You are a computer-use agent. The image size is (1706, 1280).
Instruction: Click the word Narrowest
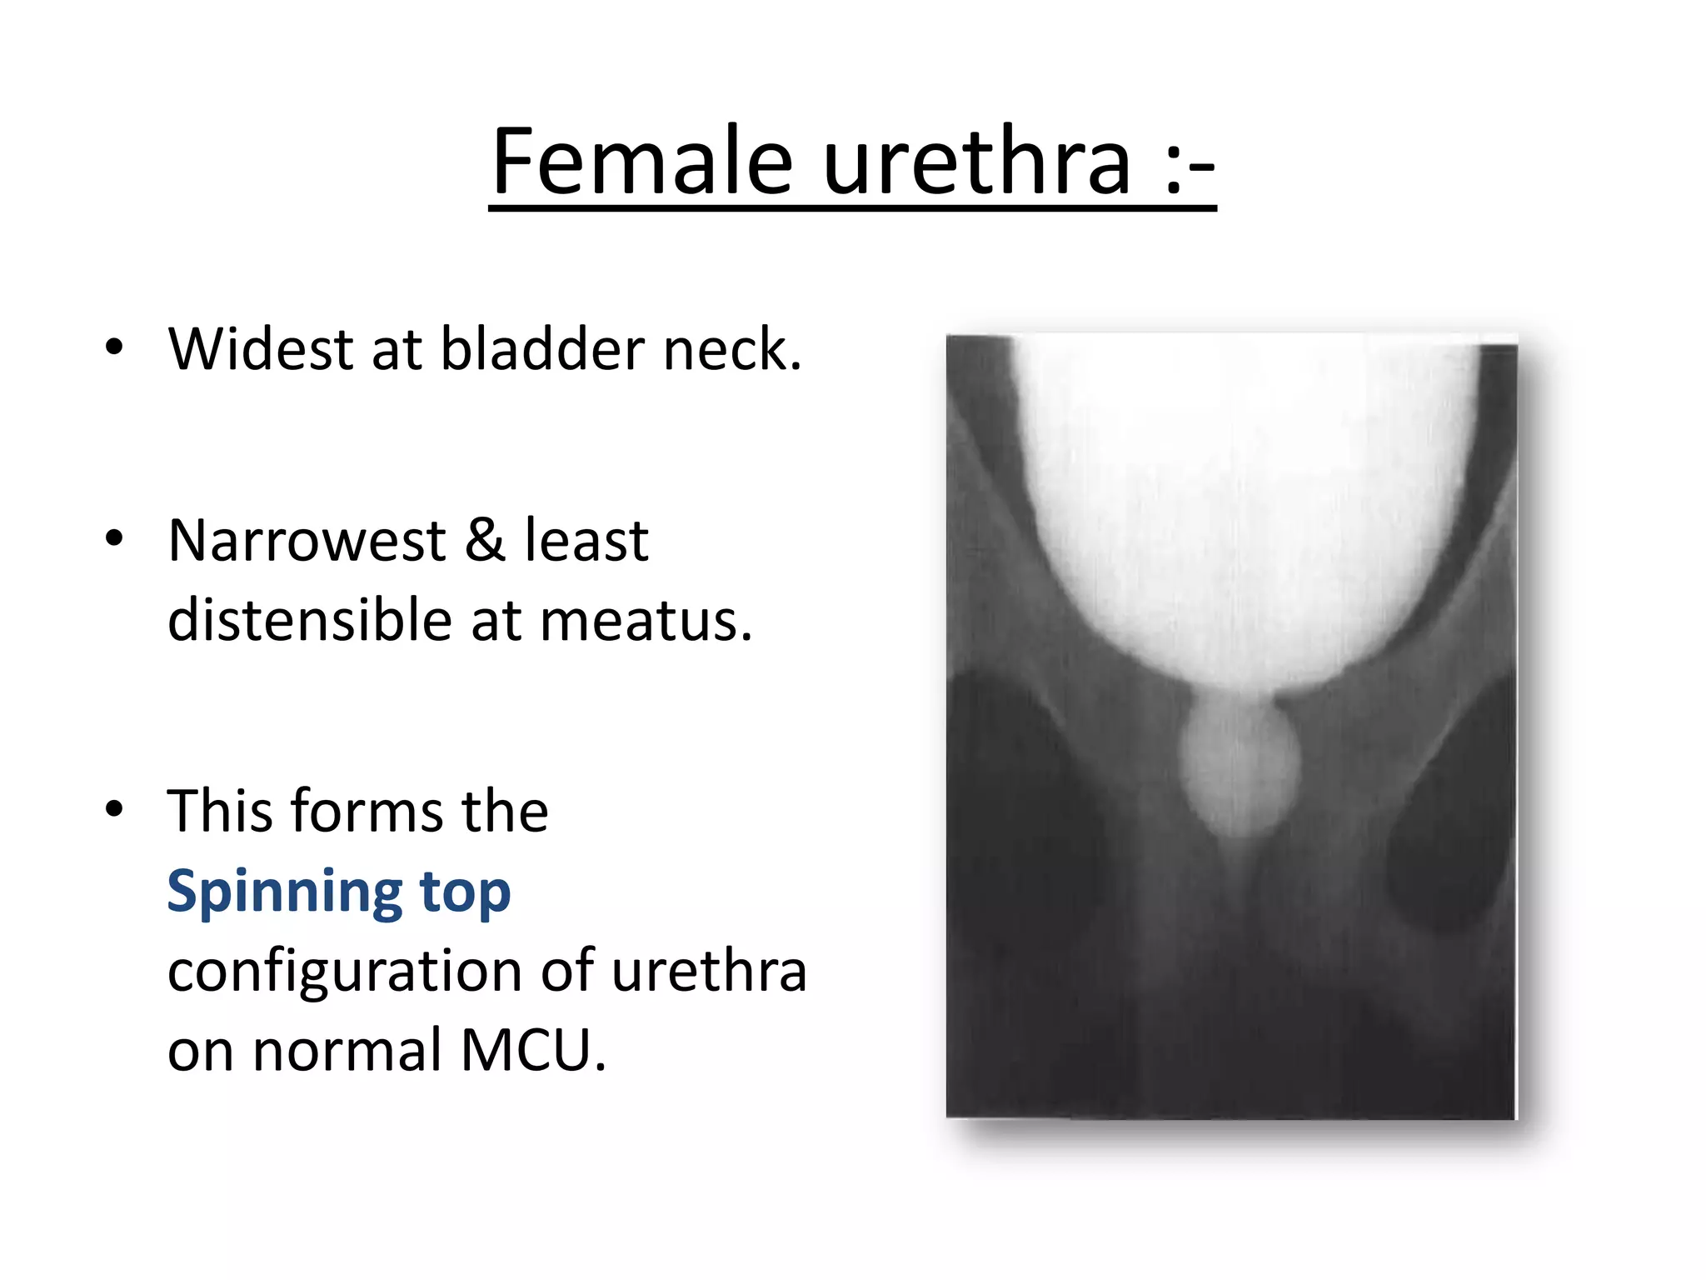pyautogui.click(x=307, y=541)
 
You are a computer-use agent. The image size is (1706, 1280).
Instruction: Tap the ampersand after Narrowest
pyautogui.click(x=485, y=541)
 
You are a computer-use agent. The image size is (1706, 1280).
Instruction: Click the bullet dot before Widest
pyautogui.click(x=114, y=347)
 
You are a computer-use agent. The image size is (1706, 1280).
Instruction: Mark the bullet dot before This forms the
pyautogui.click(x=114, y=808)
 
